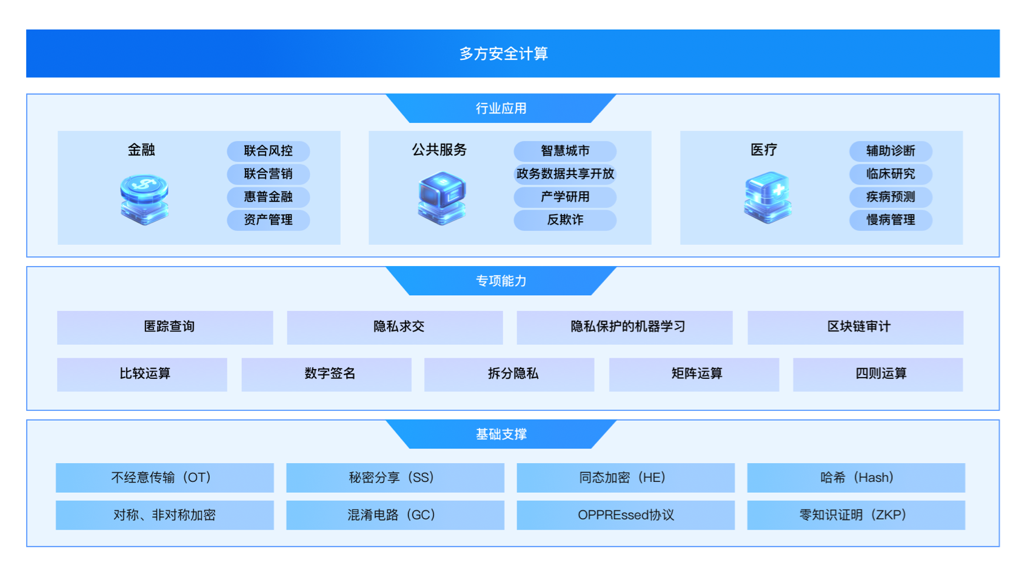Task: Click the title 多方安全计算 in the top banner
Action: click(503, 54)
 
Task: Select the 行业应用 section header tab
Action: click(501, 108)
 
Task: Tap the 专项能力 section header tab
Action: click(501, 281)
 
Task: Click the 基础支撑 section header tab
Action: click(501, 435)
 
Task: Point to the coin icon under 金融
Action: click(144, 199)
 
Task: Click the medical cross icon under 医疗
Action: click(768, 198)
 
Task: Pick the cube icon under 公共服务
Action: click(442, 198)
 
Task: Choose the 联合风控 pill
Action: click(268, 151)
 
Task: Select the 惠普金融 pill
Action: click(268, 197)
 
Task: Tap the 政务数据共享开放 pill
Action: click(565, 174)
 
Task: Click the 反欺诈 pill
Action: click(565, 220)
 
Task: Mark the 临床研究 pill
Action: click(890, 174)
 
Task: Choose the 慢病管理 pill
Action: click(890, 220)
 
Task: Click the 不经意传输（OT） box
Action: click(164, 478)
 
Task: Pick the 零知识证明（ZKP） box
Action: click(855, 515)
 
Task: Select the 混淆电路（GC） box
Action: click(395, 515)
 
